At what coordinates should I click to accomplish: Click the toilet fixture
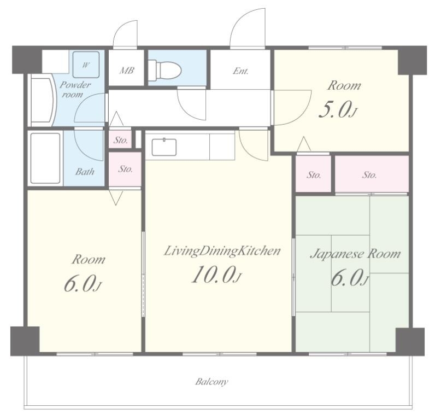(164, 69)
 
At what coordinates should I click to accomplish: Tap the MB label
(127, 71)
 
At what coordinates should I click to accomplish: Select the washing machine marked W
(86, 65)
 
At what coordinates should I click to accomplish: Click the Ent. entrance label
(240, 71)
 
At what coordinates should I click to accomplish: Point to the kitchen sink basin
(164, 147)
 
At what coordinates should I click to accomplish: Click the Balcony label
(211, 382)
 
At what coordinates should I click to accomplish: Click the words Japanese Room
(355, 254)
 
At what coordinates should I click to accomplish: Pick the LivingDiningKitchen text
(222, 251)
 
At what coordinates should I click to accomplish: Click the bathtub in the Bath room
(45, 158)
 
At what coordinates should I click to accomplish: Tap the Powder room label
(75, 89)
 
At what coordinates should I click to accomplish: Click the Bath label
(85, 172)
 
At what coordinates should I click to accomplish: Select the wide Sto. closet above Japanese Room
(372, 174)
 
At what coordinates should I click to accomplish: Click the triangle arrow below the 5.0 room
(304, 144)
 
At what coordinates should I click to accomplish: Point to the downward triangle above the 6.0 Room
(115, 197)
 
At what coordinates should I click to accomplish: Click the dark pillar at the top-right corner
(412, 60)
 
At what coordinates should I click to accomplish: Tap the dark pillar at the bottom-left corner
(25, 341)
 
